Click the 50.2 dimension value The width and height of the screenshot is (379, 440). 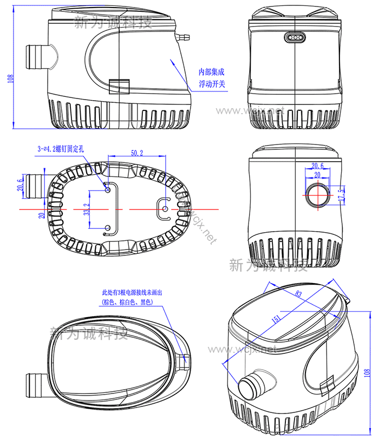pos(137,153)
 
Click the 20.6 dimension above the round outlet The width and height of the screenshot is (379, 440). pos(317,166)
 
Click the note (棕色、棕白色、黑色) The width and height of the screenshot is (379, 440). pos(128,302)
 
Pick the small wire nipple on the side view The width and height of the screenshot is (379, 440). pos(184,37)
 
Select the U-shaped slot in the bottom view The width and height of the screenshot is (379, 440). pos(164,208)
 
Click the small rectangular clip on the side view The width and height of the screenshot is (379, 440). pos(120,86)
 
